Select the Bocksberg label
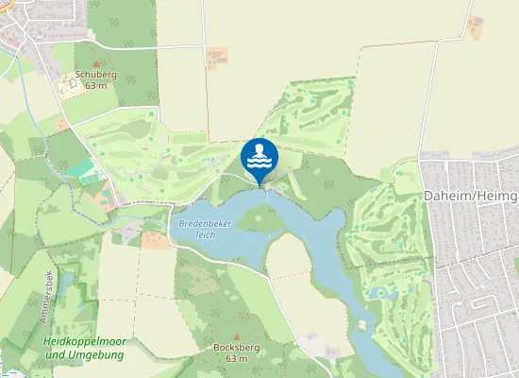(x=230, y=348)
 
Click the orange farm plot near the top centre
(x=217, y=57)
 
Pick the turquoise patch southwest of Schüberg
(x=82, y=169)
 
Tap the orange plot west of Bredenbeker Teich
(x=157, y=240)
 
